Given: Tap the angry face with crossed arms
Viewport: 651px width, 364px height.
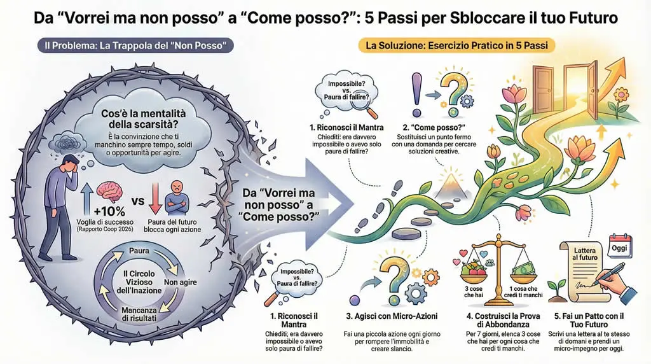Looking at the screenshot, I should pyautogui.click(x=176, y=197).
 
